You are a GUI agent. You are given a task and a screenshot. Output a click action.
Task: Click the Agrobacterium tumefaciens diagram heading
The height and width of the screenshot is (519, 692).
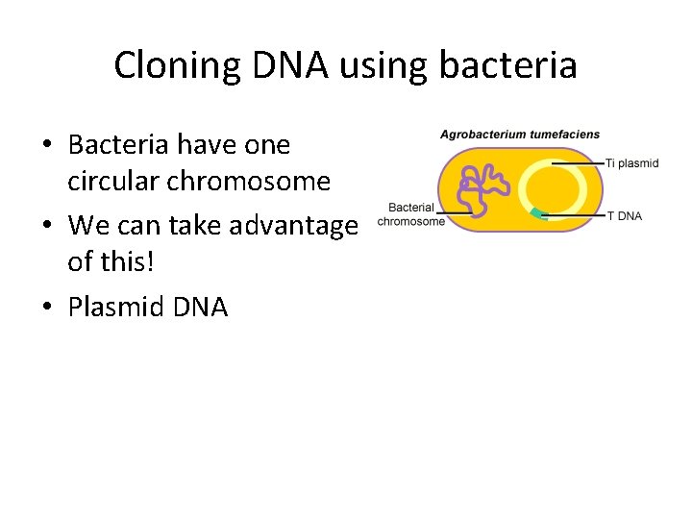(x=519, y=135)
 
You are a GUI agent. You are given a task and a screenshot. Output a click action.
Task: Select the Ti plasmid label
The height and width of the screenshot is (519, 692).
(x=631, y=163)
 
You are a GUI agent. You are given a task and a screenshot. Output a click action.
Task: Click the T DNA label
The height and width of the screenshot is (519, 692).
(x=625, y=216)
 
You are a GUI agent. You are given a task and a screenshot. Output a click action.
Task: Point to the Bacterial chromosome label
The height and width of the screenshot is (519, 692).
(x=411, y=214)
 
